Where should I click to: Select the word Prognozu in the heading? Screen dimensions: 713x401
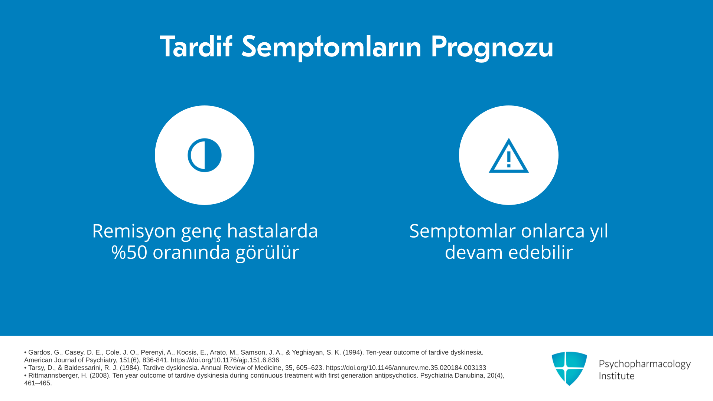[492, 48]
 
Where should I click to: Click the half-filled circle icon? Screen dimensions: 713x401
[205, 155]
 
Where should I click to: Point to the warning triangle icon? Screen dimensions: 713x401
[509, 156]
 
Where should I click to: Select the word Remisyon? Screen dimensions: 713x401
[134, 231]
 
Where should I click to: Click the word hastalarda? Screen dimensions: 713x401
[273, 231]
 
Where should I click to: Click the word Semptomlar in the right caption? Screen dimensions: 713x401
[463, 232]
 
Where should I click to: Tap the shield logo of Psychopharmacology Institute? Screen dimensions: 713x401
[569, 368]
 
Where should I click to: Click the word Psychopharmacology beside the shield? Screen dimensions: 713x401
[645, 364]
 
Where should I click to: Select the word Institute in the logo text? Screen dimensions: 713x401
[616, 376]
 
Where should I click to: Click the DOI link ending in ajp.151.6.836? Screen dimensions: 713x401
[225, 360]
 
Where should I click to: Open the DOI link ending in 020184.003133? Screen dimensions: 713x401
[406, 368]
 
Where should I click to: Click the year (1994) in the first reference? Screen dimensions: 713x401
[352, 352]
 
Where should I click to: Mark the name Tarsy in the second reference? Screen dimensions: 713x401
[36, 368]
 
